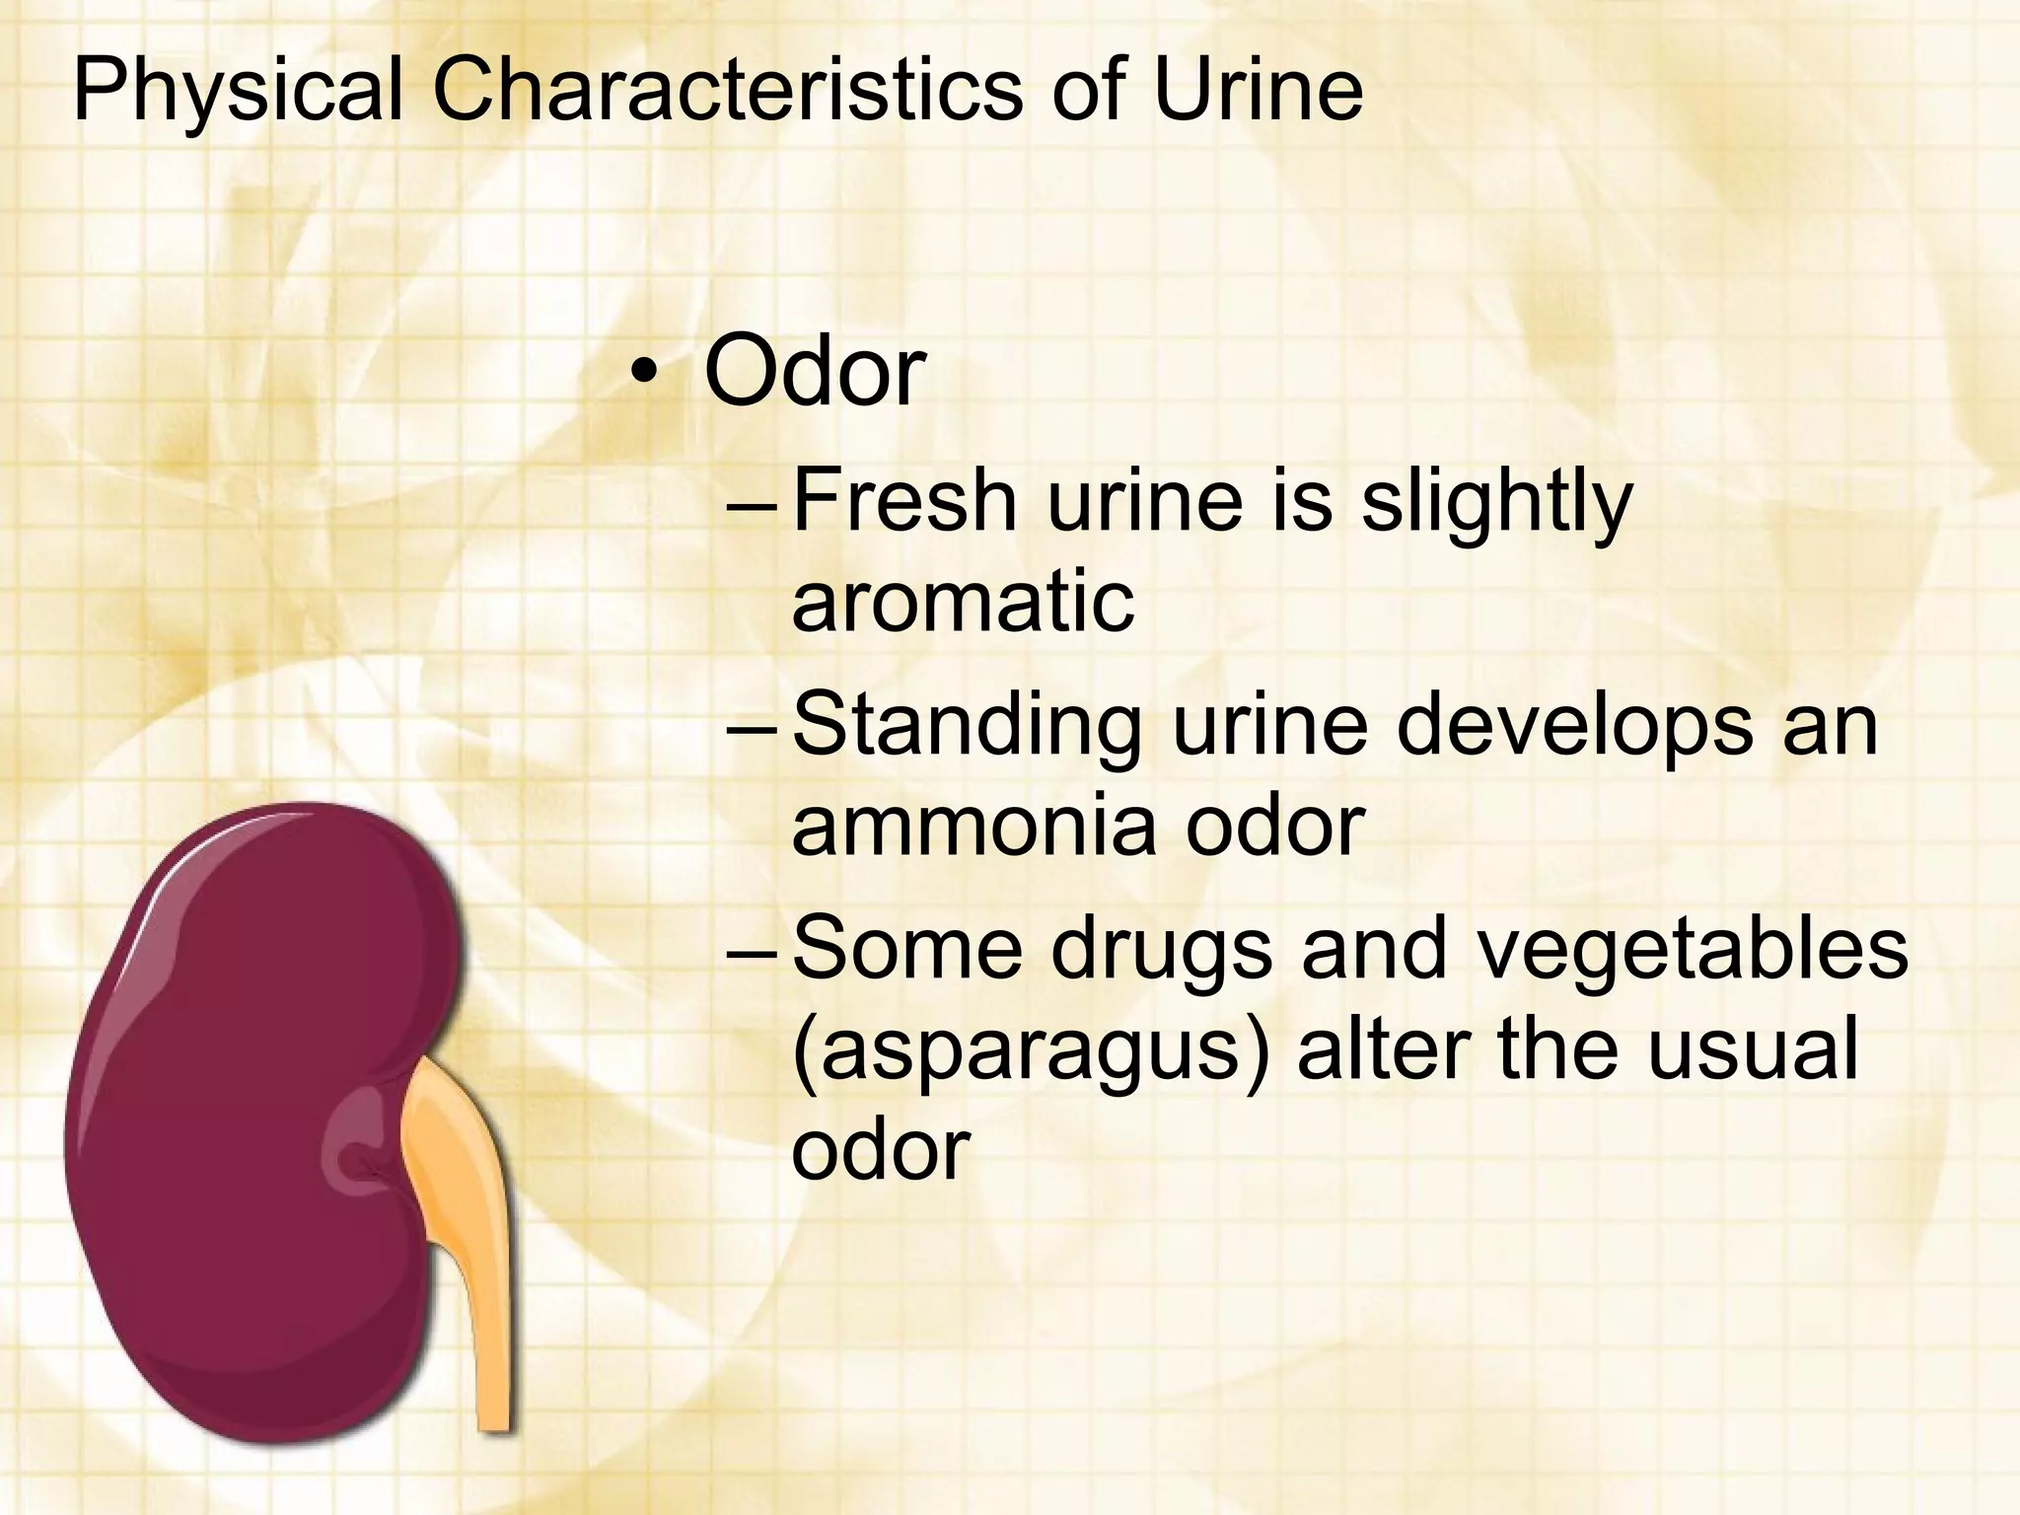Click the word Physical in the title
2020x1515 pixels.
click(x=237, y=92)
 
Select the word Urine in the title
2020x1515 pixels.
click(x=1259, y=92)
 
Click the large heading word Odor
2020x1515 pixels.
click(x=814, y=372)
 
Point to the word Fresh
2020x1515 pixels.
click(x=904, y=500)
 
